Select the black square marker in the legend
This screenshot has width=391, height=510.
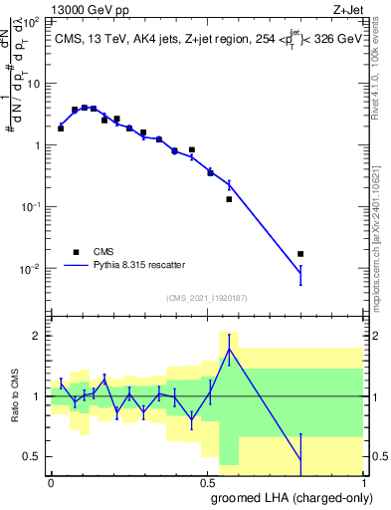(75, 252)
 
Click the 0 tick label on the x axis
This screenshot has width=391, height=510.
(51, 482)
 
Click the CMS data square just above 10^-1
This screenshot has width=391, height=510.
(229, 199)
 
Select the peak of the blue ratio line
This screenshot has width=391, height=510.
(229, 348)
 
